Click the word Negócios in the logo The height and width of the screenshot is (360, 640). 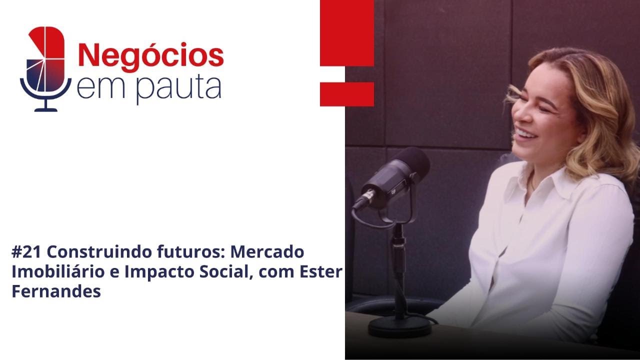pyautogui.click(x=150, y=55)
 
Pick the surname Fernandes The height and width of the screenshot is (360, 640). pyautogui.click(x=56, y=292)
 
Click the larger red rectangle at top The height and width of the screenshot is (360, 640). pyautogui.click(x=347, y=33)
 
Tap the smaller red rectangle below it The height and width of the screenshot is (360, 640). pyautogui.click(x=347, y=94)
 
